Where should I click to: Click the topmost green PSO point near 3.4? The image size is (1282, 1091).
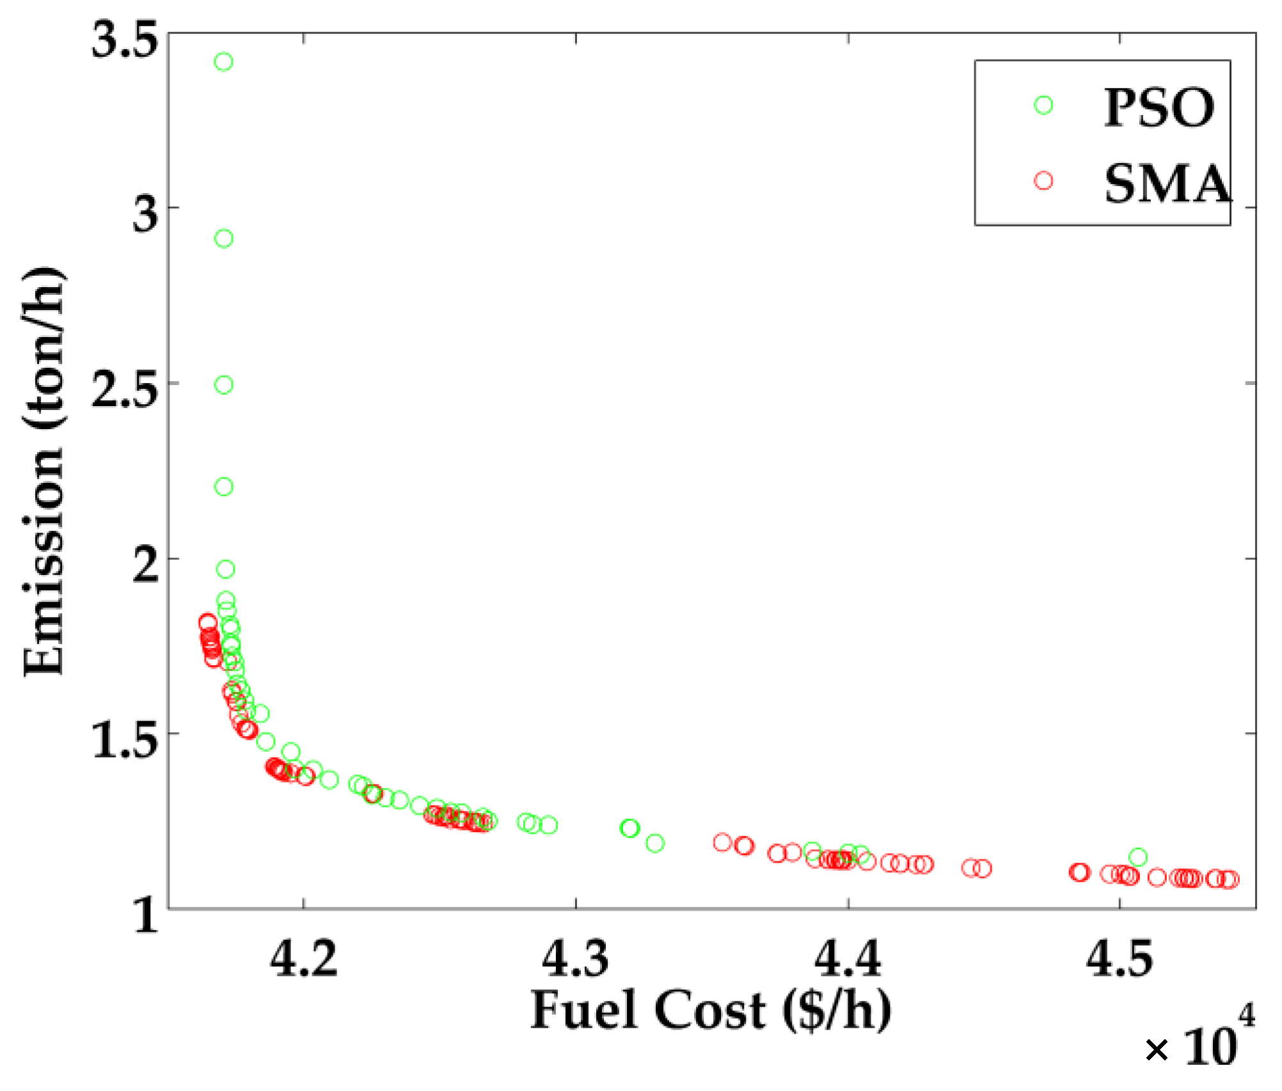223,62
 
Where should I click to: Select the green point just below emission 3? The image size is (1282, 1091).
223,239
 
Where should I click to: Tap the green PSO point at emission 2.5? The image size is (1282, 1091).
223,385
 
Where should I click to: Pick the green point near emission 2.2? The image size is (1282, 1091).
223,487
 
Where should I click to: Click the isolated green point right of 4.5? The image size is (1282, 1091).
1137,857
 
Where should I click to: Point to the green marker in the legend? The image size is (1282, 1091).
1043,106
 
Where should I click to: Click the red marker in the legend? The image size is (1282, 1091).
1043,181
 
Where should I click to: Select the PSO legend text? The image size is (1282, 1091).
1159,107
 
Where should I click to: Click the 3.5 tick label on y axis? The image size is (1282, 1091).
124,40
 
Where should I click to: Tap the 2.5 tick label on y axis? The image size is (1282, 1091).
124,389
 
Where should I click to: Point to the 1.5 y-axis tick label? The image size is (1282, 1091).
124,740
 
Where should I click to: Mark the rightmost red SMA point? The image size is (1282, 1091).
1230,879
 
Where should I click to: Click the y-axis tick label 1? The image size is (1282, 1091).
146,915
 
